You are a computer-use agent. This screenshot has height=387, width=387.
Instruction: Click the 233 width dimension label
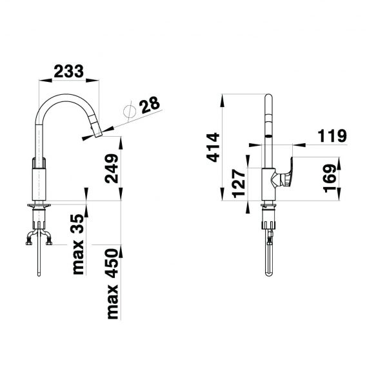coord(69,71)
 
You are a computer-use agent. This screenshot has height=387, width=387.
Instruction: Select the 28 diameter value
coord(150,105)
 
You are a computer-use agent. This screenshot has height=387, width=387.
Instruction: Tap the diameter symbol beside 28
coord(130,112)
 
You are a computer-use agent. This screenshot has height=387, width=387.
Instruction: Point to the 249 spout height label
coord(112,168)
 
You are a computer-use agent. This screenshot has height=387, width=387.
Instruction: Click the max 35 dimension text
coord(79,244)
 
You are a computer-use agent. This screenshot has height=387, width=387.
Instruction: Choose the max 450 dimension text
coord(113,284)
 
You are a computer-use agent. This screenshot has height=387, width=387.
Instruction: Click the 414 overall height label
coord(213,147)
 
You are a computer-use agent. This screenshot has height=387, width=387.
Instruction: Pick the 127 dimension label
coord(239,183)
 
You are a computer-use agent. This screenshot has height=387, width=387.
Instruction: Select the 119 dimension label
coord(332,135)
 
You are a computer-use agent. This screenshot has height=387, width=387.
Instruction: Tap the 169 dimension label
coord(330,179)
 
